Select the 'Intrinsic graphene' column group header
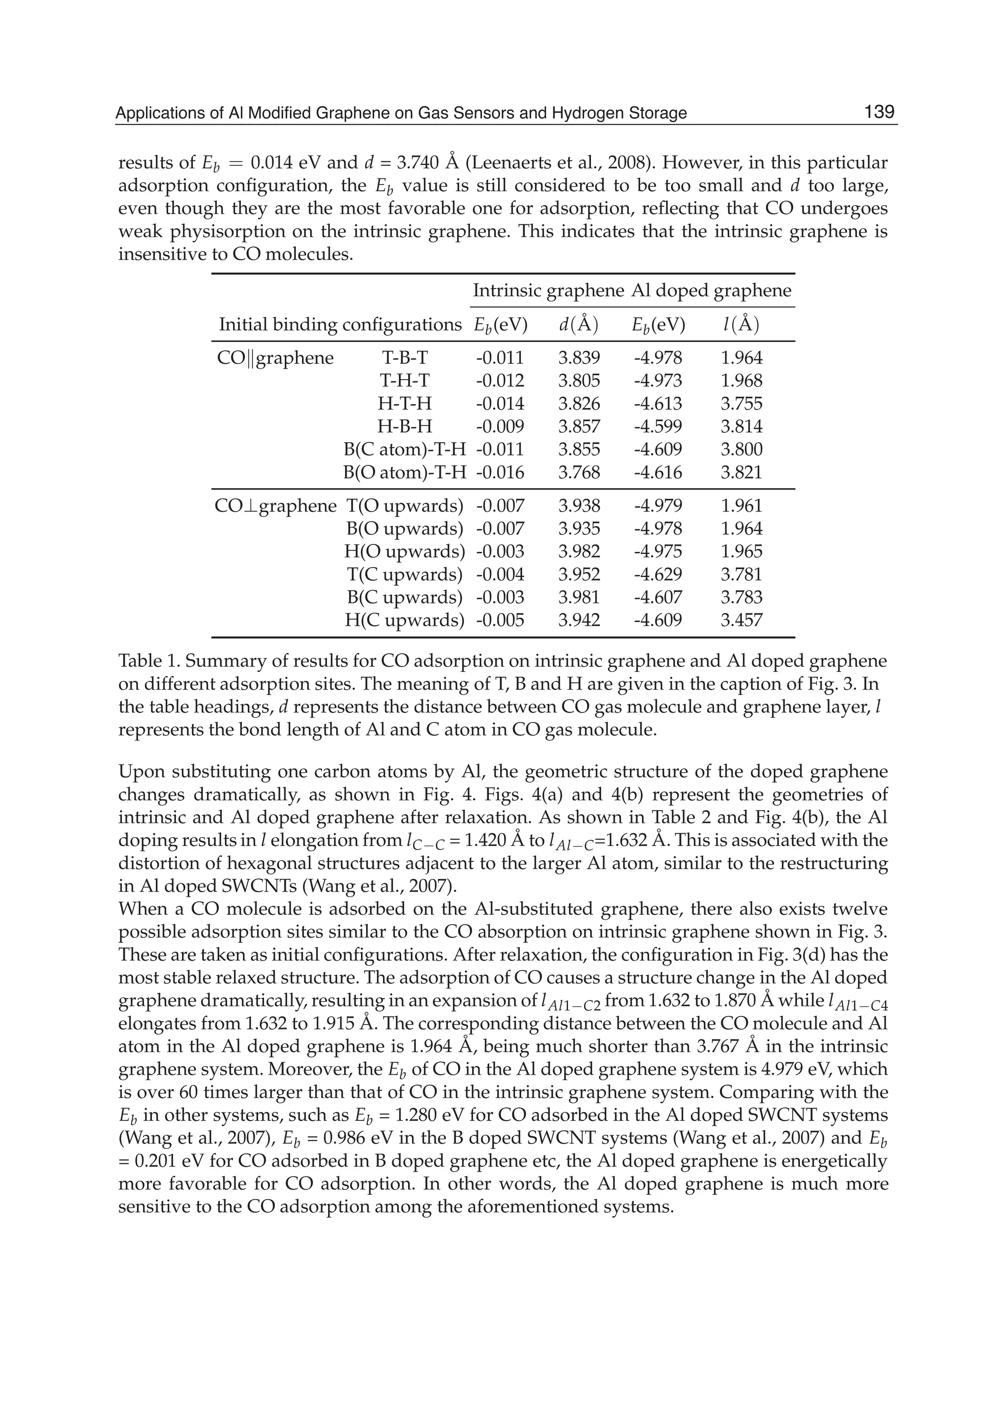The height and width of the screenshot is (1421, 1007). click(x=548, y=291)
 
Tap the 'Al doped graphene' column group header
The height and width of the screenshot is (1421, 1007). click(x=711, y=291)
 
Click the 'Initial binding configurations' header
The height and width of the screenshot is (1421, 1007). click(x=340, y=325)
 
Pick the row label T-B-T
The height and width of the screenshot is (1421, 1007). click(x=404, y=358)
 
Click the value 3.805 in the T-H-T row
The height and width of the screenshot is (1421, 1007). click(x=579, y=381)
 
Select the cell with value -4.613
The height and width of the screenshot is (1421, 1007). click(x=657, y=404)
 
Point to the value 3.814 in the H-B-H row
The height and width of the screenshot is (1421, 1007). click(x=741, y=427)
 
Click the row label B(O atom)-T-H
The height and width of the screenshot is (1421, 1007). click(x=404, y=473)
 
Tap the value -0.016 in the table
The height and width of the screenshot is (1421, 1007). click(x=500, y=473)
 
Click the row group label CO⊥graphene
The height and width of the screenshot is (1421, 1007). click(x=275, y=506)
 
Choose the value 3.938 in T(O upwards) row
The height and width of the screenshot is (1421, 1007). click(x=579, y=506)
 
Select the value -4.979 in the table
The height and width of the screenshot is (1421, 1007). click(x=657, y=506)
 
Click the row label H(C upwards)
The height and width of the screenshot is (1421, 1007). click(x=404, y=620)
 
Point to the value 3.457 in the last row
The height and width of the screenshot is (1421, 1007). click(x=741, y=620)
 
